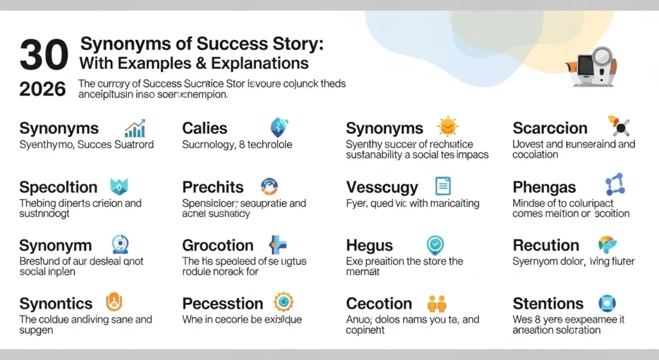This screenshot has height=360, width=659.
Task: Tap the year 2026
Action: pos(42,90)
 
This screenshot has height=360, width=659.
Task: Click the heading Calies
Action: pos(205,128)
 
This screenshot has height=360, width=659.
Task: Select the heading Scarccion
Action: pos(550,128)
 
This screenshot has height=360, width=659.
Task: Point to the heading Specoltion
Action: pos(59,187)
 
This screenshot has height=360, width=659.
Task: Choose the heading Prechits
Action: pos(213,187)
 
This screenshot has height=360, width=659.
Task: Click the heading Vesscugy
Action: pos(382,188)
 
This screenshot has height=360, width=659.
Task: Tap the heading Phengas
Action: pos(544,188)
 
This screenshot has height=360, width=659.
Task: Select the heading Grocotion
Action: pos(218,245)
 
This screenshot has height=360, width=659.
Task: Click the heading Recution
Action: pos(546,245)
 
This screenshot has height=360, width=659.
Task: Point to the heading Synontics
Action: pos(56,303)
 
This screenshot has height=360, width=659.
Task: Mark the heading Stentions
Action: pos(548,303)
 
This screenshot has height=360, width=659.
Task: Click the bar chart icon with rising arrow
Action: pos(135,128)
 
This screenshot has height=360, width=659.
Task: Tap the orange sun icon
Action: pos(447,126)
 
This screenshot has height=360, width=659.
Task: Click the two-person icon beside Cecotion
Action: pos(437,303)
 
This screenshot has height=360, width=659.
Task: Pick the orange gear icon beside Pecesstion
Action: pos(283,302)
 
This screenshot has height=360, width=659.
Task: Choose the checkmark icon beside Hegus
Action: pos(436,245)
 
